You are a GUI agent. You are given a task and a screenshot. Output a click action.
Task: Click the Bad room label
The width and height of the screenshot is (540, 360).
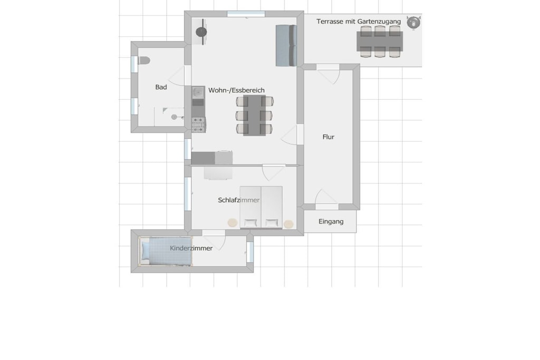[x=161, y=87]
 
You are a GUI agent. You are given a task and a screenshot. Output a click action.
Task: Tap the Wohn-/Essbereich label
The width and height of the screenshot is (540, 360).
[x=236, y=90]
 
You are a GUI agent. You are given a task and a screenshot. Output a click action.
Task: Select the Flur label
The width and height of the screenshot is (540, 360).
[x=328, y=137]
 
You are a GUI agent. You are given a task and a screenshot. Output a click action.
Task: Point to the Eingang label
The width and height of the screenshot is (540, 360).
[x=331, y=221]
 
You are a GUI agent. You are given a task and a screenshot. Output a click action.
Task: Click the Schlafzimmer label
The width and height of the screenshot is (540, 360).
[x=239, y=200]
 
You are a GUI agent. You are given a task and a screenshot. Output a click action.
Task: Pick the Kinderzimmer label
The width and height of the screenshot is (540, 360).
[x=191, y=248]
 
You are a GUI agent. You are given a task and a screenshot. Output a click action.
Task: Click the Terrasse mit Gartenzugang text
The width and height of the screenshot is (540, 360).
[x=359, y=21]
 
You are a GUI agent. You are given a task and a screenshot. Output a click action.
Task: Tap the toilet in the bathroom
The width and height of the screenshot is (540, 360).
[x=143, y=61]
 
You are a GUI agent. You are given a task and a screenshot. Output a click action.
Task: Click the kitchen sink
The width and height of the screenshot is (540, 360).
[x=198, y=92]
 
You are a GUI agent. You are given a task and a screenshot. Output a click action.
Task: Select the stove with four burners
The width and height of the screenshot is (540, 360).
[x=198, y=124]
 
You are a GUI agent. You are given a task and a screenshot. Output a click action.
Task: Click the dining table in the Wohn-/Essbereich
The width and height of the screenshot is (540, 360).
[x=254, y=115]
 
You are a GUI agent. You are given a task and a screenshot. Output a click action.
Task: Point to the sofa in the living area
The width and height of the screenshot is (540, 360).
[x=286, y=45]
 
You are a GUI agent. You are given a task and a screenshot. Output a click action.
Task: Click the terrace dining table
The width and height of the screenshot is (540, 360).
[x=380, y=41]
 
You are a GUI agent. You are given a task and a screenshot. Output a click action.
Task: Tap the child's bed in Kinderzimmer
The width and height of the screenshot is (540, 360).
[x=166, y=251]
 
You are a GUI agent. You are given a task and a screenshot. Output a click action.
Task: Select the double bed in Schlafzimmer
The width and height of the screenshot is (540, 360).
[x=261, y=207]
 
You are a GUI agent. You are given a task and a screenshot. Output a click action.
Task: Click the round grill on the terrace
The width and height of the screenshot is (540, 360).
[x=413, y=22]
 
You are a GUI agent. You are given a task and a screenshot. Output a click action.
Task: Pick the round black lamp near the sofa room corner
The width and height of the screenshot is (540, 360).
[x=201, y=32]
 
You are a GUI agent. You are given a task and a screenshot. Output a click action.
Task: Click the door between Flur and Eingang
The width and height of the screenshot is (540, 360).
[x=326, y=200]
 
